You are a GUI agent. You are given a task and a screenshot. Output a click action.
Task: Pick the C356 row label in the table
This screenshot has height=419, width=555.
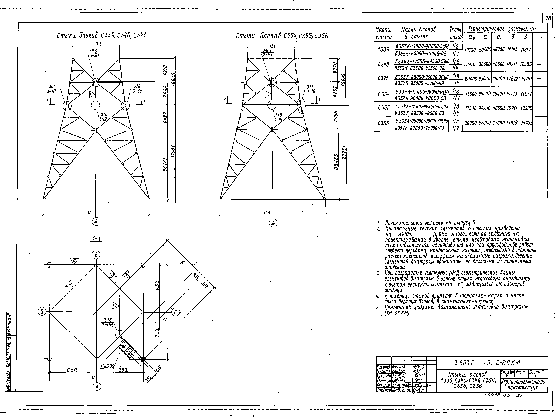coord(383,124)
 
